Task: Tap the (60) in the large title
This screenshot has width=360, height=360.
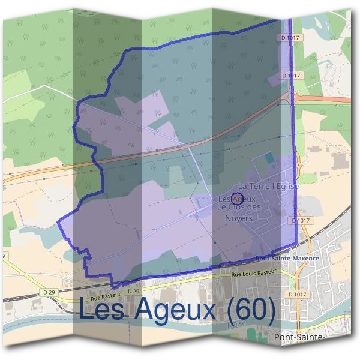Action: (253, 310)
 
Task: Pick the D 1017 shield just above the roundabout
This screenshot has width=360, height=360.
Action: (292, 76)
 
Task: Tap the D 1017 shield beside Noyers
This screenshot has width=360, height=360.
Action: (302, 220)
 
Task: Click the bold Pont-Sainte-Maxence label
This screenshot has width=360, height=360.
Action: (287, 259)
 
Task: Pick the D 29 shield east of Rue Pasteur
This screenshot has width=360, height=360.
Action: (133, 291)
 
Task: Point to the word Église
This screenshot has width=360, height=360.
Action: (285, 187)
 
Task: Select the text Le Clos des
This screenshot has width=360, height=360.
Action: (239, 207)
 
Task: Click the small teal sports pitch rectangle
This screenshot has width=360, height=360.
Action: (268, 158)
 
